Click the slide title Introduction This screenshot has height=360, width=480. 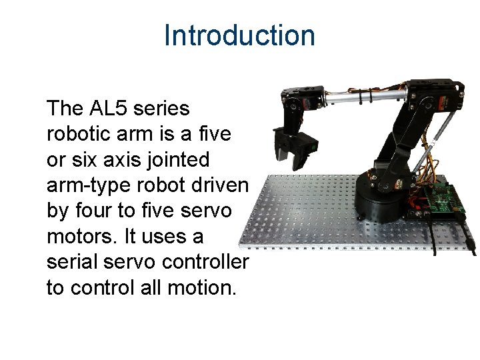coord(239,35)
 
